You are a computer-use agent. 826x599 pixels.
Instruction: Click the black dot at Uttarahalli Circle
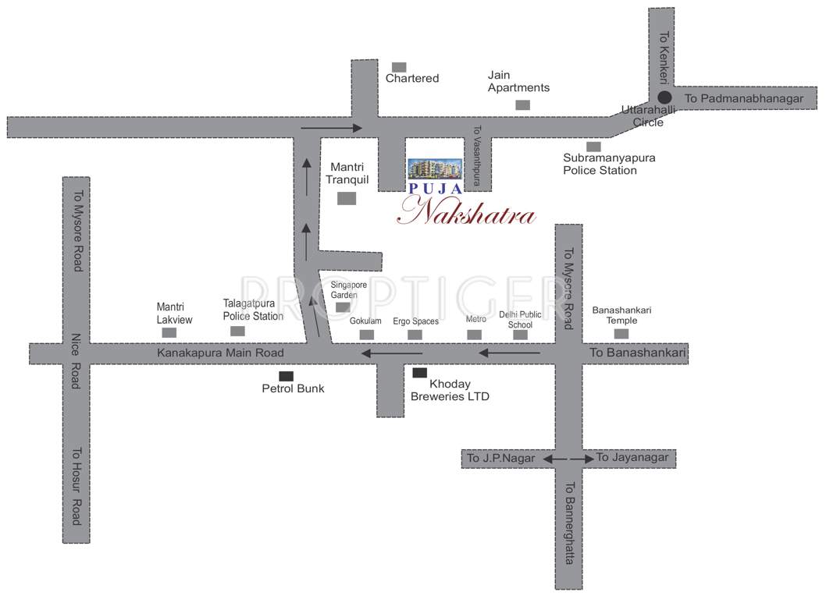(664, 98)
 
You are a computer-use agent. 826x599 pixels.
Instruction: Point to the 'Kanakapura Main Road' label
(220, 353)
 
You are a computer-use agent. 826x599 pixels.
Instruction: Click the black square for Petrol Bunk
(287, 375)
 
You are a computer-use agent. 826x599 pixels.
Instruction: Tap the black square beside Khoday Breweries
(420, 373)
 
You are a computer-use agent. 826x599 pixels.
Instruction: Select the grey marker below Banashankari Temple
(621, 334)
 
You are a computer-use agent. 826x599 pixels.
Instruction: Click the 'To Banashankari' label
(637, 353)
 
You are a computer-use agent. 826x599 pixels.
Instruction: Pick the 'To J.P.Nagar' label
(501, 459)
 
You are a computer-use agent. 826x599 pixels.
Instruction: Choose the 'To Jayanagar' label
(632, 458)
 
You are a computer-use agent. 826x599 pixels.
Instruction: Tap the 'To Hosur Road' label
(77, 485)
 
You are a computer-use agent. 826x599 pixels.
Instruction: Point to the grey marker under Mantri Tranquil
(347, 198)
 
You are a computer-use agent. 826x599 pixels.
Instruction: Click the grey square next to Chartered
(399, 67)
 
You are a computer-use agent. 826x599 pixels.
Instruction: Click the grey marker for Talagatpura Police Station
(237, 331)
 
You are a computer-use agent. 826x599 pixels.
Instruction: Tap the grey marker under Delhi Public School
(520, 335)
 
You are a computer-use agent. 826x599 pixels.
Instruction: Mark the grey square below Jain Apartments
(522, 105)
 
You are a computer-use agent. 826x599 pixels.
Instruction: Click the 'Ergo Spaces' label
(415, 321)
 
